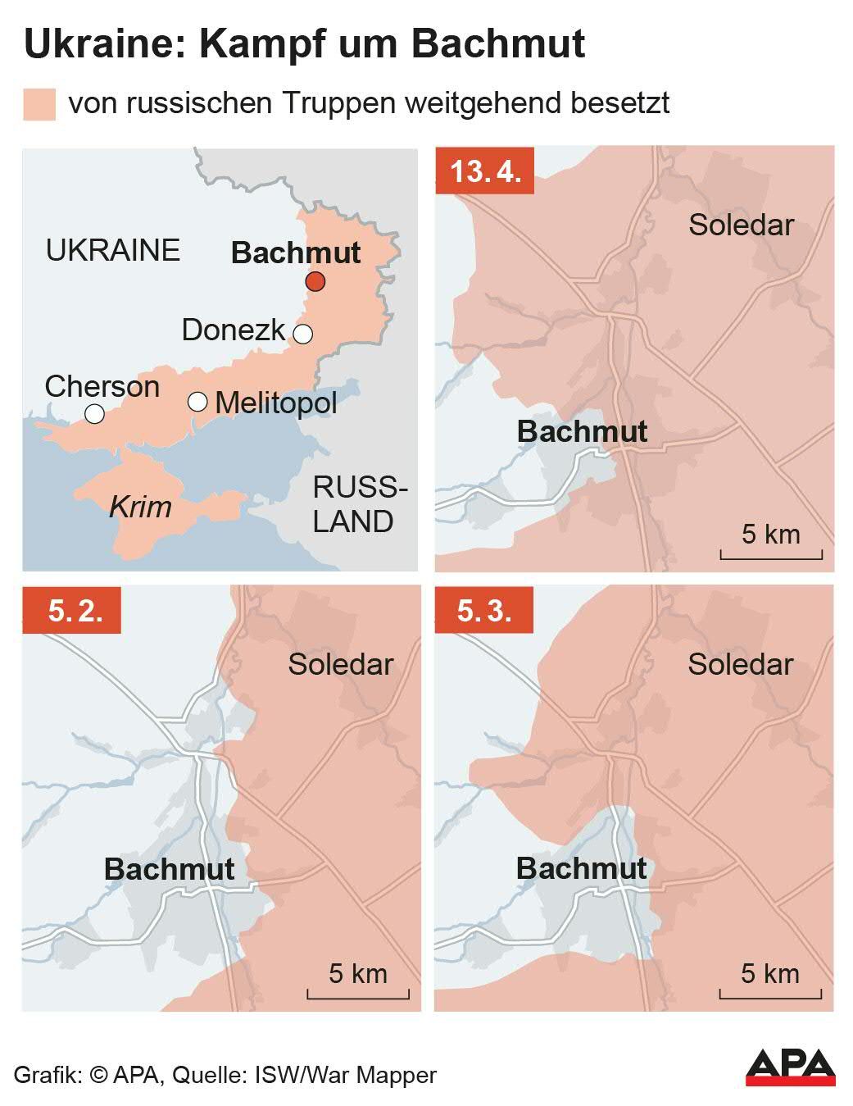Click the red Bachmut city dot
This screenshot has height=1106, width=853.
(x=315, y=282)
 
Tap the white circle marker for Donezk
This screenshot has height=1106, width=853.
(x=303, y=334)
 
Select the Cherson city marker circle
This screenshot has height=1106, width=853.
(x=95, y=414)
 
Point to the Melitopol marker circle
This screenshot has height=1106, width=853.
(x=197, y=402)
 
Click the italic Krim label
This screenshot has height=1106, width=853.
(x=140, y=507)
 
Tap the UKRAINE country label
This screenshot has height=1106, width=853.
(x=113, y=250)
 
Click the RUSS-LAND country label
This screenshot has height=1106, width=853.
(x=358, y=504)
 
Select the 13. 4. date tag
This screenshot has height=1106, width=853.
(x=485, y=171)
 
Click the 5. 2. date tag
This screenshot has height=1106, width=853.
(x=72, y=611)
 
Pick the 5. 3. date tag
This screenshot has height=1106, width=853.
(x=484, y=611)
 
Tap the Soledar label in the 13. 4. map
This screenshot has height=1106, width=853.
(x=741, y=225)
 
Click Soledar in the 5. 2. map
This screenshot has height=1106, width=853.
(x=340, y=664)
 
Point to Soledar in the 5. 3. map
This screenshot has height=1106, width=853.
(x=740, y=664)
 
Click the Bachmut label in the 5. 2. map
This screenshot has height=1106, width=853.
(x=170, y=869)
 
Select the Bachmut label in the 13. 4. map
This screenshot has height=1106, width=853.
(x=582, y=431)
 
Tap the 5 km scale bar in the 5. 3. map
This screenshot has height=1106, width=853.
(x=770, y=994)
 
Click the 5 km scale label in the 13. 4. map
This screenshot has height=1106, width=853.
(x=770, y=535)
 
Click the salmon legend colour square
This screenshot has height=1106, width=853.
(x=39, y=104)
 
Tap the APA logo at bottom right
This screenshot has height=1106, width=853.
(x=790, y=1067)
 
